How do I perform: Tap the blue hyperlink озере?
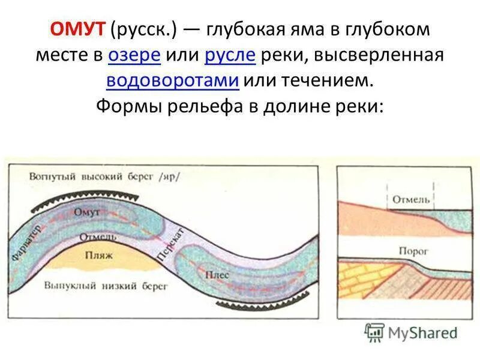(134, 56)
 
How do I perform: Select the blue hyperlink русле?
(230, 56)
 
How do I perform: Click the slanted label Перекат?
(170, 243)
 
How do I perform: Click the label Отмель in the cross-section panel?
(410, 199)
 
